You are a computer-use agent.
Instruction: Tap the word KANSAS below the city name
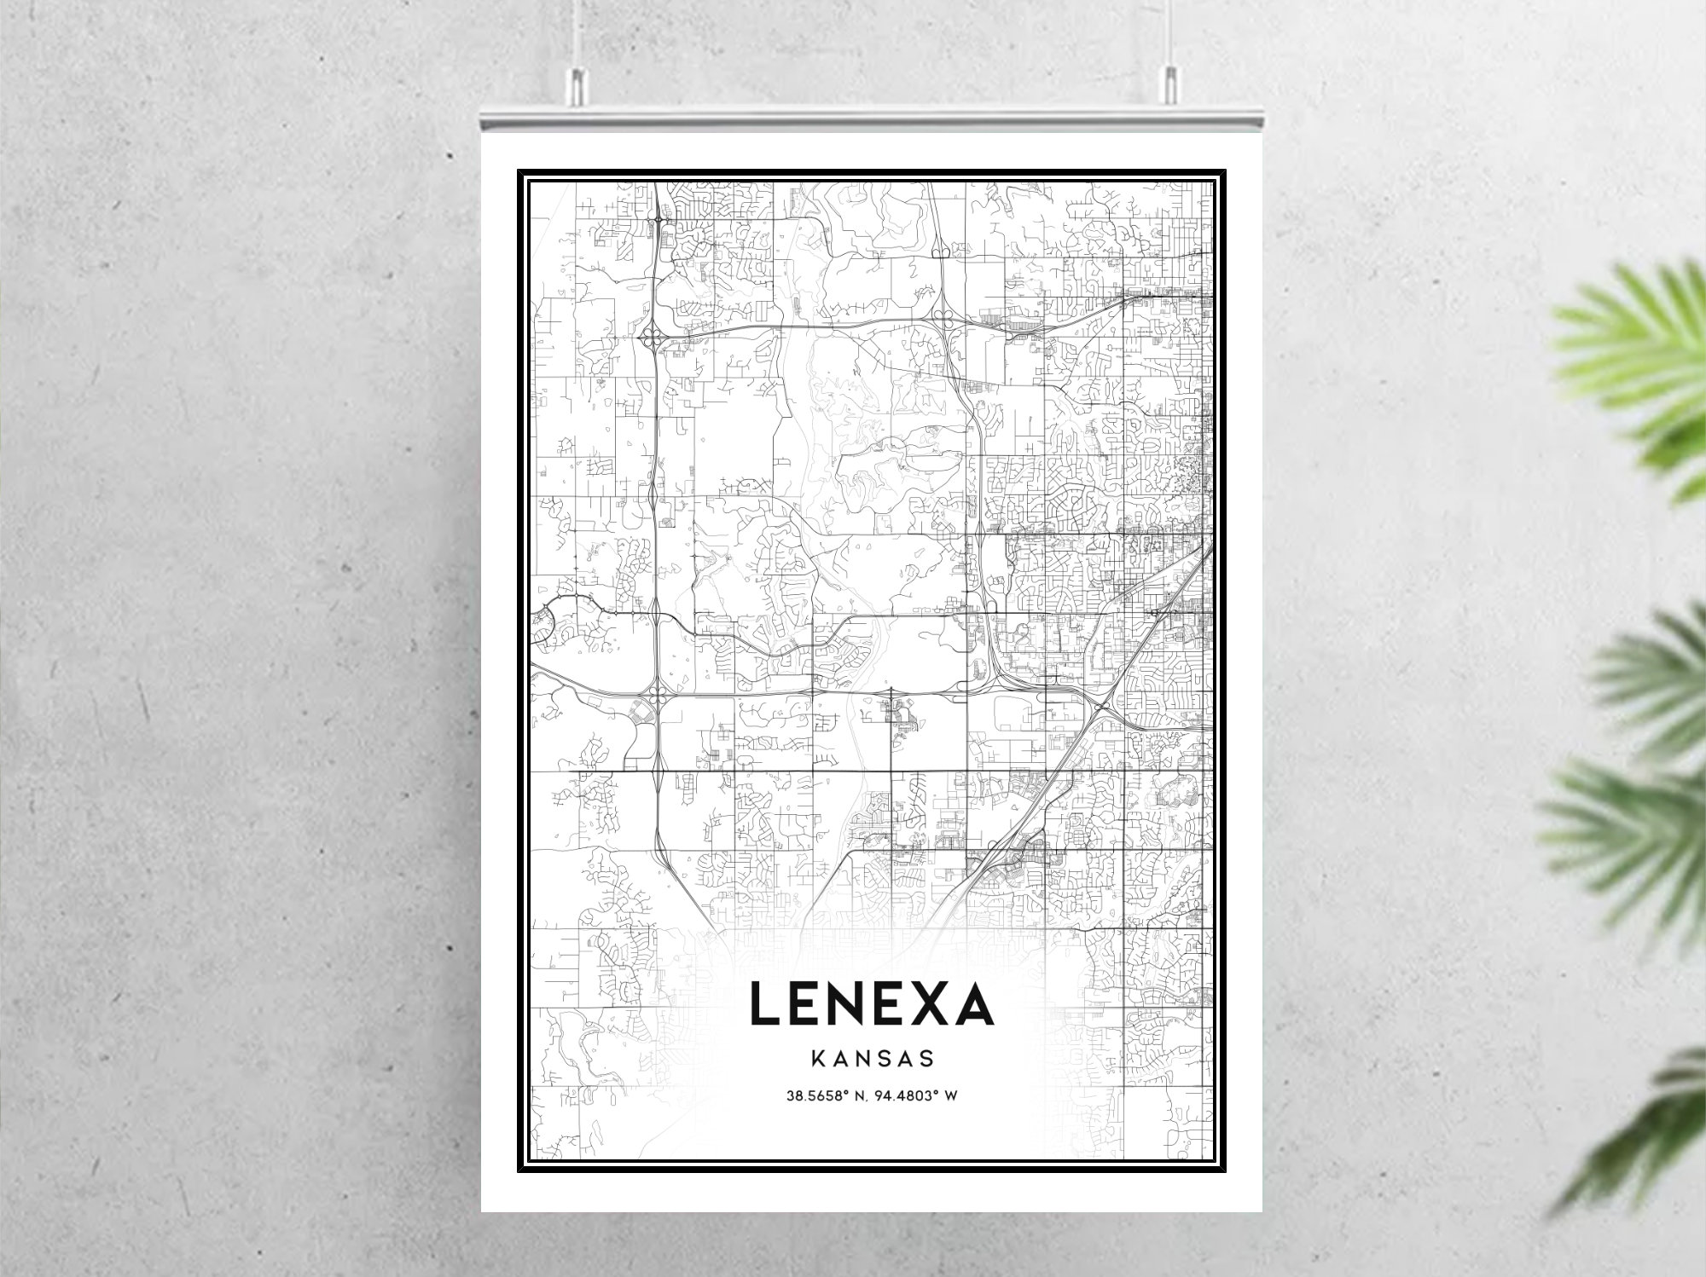click(x=872, y=1059)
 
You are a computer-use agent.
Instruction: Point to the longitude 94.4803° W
click(x=921, y=1095)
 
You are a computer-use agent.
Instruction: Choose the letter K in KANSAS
click(x=817, y=1059)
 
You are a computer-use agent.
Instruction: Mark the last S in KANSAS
click(x=927, y=1059)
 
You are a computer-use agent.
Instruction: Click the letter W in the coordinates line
click(x=951, y=1095)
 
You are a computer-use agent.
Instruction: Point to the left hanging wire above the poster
click(x=577, y=34)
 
